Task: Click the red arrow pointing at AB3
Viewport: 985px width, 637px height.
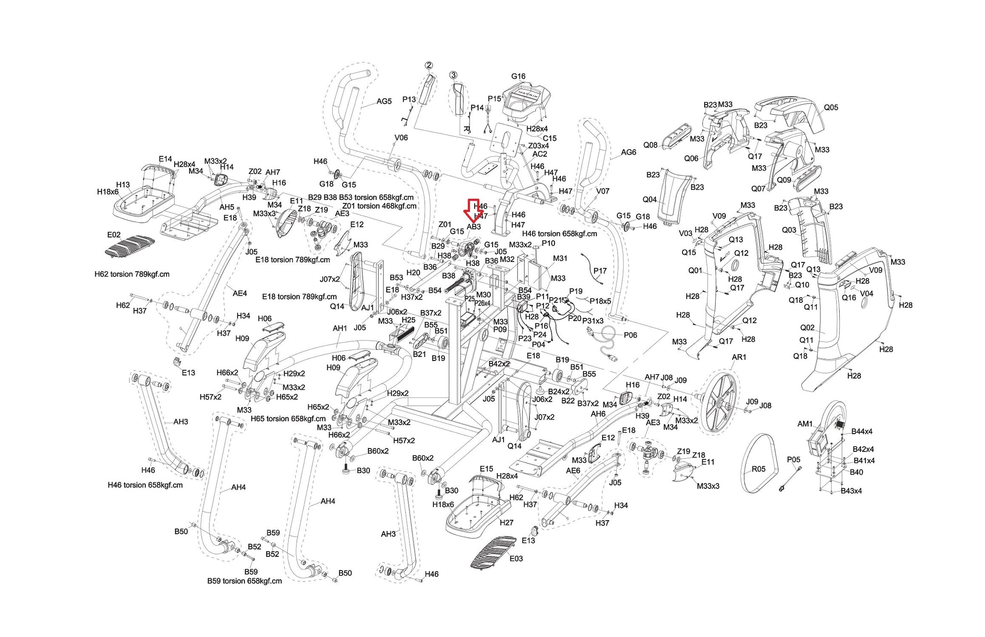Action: [x=472, y=211]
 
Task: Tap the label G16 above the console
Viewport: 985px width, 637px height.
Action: [x=518, y=76]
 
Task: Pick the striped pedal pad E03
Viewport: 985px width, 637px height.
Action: [x=493, y=551]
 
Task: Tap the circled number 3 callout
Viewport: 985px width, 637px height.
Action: [x=453, y=75]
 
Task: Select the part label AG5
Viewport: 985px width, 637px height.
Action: [x=384, y=101]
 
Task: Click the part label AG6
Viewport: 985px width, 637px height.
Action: [x=628, y=152]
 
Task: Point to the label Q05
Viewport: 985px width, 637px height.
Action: [x=831, y=108]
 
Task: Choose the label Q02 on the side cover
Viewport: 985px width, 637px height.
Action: [x=807, y=328]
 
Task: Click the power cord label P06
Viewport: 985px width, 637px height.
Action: [x=630, y=335]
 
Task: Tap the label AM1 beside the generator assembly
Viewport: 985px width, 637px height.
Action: [x=805, y=424]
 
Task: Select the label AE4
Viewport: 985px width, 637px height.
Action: [x=240, y=293]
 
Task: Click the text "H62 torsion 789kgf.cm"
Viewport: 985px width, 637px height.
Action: [x=132, y=275]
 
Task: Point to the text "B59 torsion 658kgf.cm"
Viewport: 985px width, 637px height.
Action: [x=244, y=581]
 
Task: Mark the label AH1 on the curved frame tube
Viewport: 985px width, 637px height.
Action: [x=340, y=328]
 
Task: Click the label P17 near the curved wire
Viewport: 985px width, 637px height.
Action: [x=600, y=271]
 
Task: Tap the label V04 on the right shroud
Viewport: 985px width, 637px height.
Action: [x=866, y=294]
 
